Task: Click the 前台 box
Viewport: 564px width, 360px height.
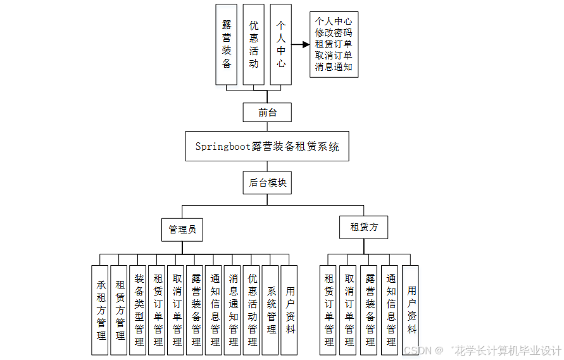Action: pos(267,113)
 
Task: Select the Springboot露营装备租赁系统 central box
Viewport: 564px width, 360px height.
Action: pos(267,147)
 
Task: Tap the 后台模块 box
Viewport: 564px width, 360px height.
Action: pos(267,183)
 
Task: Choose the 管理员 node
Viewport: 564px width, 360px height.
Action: pos(182,229)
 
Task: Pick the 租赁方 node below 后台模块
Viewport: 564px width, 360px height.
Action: pos(364,227)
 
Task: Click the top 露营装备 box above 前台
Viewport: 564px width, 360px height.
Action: pos(227,44)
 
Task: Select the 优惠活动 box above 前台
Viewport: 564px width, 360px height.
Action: pos(254,44)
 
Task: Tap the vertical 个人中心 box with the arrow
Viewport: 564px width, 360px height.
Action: pos(281,44)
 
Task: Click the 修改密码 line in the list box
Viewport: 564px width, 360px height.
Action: pos(334,32)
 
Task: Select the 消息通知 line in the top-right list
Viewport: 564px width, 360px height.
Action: pos(334,66)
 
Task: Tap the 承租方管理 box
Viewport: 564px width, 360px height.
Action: pos(101,309)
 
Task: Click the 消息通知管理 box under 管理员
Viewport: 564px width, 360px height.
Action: pos(234,309)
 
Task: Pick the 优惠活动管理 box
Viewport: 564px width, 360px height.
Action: pos(253,309)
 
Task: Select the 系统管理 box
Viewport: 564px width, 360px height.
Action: pos(271,309)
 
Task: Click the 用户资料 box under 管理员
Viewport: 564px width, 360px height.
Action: pos(290,309)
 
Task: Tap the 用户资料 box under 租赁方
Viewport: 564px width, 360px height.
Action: pos(411,309)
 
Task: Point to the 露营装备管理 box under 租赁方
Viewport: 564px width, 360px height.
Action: pos(370,309)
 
